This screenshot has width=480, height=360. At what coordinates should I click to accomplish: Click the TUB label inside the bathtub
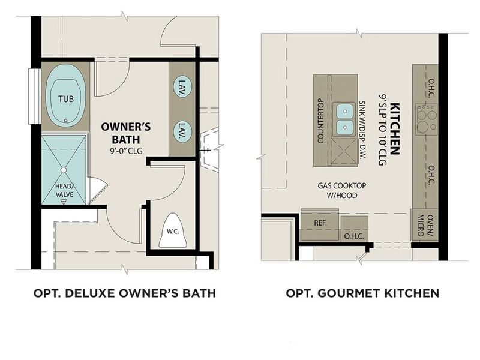(x=66, y=98)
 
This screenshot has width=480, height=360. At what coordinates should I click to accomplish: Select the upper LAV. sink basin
(x=181, y=88)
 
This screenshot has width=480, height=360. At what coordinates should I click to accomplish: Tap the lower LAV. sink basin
(x=181, y=130)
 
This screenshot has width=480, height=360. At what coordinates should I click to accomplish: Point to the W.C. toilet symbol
(x=173, y=231)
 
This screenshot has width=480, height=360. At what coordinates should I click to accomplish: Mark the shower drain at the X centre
(x=64, y=170)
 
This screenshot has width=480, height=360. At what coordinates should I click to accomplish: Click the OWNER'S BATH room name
(x=125, y=133)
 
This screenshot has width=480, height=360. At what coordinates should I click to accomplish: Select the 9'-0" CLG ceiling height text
(x=125, y=151)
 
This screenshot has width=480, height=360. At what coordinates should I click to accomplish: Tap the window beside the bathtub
(x=35, y=97)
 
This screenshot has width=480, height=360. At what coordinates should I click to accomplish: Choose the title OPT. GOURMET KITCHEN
(x=362, y=293)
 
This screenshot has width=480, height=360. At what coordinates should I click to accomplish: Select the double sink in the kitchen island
(x=344, y=119)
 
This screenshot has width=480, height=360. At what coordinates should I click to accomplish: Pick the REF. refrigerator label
(x=320, y=223)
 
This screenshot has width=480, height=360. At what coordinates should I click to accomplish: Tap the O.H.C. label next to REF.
(x=351, y=236)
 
